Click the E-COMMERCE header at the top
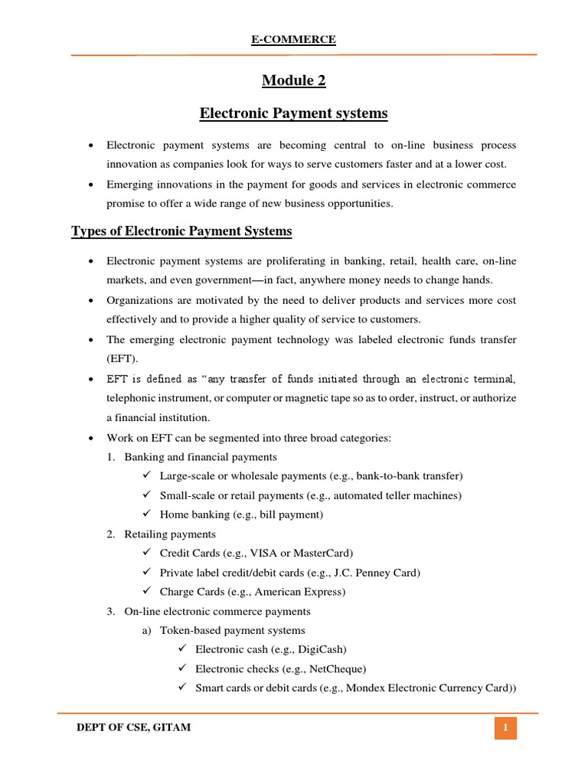click(x=294, y=40)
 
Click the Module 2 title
click(x=294, y=80)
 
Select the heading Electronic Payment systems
click(x=294, y=114)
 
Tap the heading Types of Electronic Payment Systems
click(x=181, y=230)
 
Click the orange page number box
click(x=505, y=727)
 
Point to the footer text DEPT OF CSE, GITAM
click(x=134, y=727)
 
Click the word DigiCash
click(x=322, y=649)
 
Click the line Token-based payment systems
click(x=232, y=630)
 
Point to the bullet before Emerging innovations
click(x=92, y=185)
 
